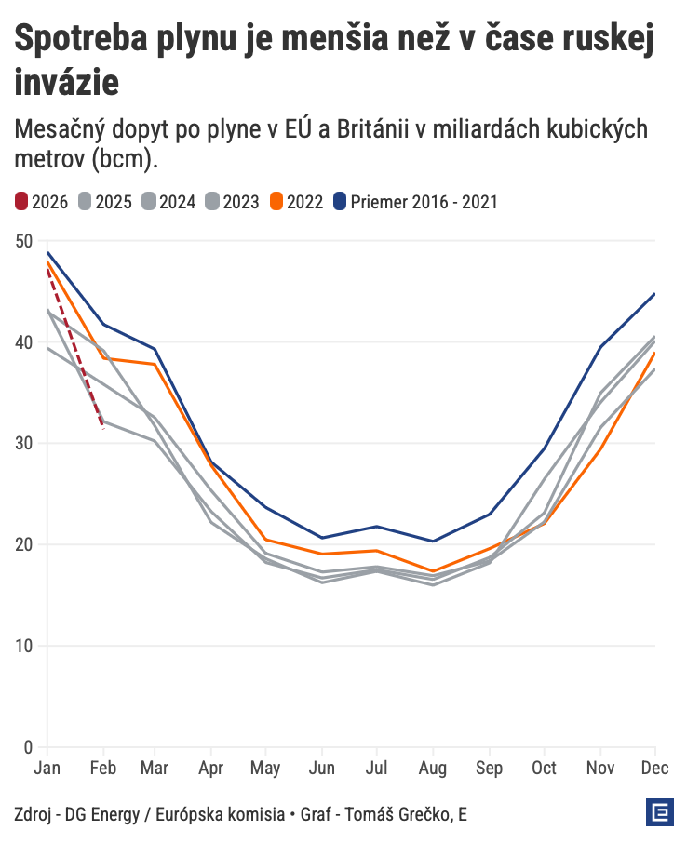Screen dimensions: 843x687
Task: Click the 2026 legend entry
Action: click(x=42, y=201)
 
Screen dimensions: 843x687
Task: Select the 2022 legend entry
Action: click(x=296, y=201)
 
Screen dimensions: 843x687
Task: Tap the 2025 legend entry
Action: click(x=105, y=201)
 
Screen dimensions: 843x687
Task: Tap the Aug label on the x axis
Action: click(x=433, y=769)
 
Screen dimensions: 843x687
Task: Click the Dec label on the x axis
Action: click(x=654, y=769)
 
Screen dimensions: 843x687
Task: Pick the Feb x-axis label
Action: click(x=102, y=769)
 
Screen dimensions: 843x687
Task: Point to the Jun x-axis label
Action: click(x=322, y=769)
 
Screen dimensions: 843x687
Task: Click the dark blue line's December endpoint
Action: click(x=655, y=294)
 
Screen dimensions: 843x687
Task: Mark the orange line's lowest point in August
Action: click(x=433, y=571)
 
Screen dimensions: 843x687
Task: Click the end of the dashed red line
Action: click(x=102, y=428)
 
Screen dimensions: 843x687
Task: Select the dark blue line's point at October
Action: click(x=545, y=448)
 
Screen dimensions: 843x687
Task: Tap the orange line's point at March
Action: click(x=155, y=365)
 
